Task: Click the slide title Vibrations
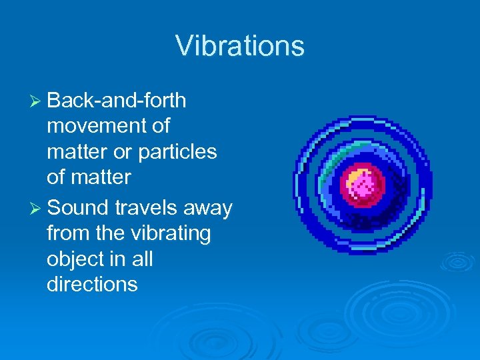pyautogui.click(x=240, y=46)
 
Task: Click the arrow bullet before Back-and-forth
pyautogui.click(x=37, y=101)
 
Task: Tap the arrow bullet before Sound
pyautogui.click(x=37, y=209)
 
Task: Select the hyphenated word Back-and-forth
pyautogui.click(x=117, y=101)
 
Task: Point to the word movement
pyautogui.click(x=108, y=126)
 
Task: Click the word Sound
pyautogui.click(x=79, y=209)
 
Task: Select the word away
pyautogui.click(x=209, y=209)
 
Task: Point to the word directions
pyautogui.click(x=92, y=285)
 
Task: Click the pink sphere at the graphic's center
pyautogui.click(x=364, y=187)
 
